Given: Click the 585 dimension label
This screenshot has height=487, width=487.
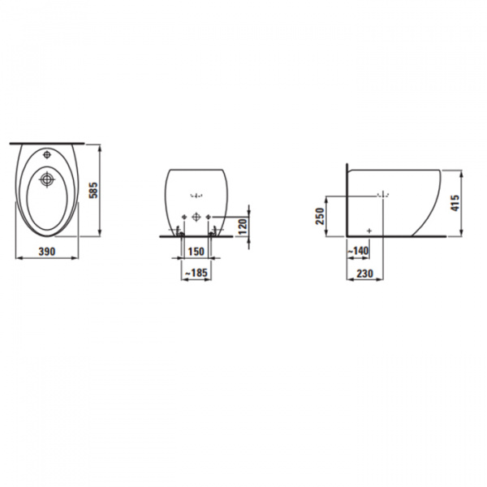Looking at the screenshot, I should pos(93,192).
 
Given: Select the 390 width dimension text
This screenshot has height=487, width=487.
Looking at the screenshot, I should pos(46,252).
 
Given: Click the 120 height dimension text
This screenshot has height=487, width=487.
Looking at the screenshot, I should pos(242,225).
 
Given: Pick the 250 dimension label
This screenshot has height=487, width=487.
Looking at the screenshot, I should pos(320,216).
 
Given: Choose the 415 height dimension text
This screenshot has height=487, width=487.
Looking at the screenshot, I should pos(455,202).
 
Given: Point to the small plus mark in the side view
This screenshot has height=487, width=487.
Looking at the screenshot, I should pos(369,231).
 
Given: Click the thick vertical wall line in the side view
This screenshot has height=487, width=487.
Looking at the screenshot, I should pos(347,203).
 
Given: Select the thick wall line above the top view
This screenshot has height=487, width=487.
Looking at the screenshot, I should pos(49,143).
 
